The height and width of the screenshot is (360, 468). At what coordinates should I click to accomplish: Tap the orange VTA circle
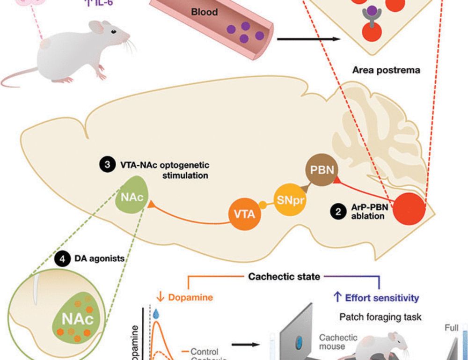pos(244,214)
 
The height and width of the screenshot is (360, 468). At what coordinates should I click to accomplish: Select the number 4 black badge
pos(61,258)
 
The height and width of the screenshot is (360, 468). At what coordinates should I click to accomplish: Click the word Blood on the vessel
pos(205,12)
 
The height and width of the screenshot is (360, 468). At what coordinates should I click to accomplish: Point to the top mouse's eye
pos(114,31)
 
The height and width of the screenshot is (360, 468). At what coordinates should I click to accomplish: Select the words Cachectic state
pos(284,276)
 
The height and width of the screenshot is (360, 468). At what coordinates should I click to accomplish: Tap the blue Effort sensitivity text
pos(377,297)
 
